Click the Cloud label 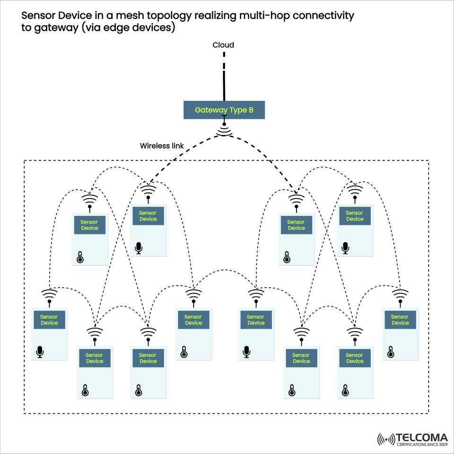[x=223, y=45]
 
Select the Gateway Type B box [x=224, y=110]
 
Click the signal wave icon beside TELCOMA [x=386, y=439]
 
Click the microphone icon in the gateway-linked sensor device [x=139, y=248]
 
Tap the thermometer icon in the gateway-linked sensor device [x=287, y=257]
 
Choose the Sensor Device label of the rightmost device [x=400, y=320]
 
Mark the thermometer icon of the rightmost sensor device [x=391, y=351]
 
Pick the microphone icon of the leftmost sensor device [x=40, y=352]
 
